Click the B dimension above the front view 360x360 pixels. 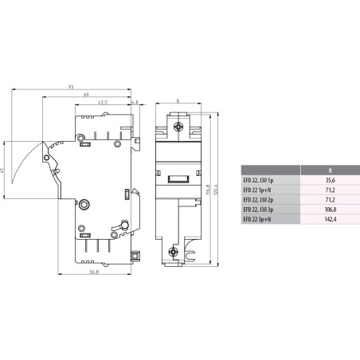pyautogui.click(x=178, y=101)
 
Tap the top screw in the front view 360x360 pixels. pyautogui.click(x=178, y=125)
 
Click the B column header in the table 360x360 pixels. pyautogui.click(x=330, y=169)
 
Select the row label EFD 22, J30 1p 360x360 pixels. pyautogui.click(x=259, y=180)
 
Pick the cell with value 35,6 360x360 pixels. pyautogui.click(x=330, y=180)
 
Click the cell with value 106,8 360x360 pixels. pyautogui.click(x=330, y=209)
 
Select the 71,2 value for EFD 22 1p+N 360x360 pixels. pyautogui.click(x=330, y=190)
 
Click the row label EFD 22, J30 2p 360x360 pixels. pyautogui.click(x=259, y=200)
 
